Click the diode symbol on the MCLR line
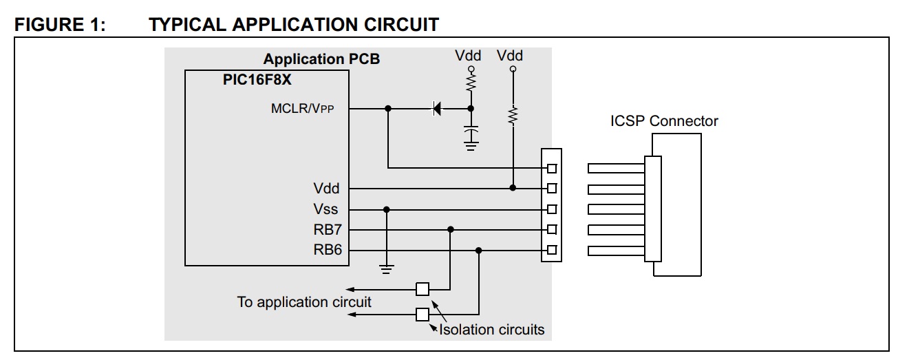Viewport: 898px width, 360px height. click(436, 109)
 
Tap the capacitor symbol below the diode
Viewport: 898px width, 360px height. click(471, 130)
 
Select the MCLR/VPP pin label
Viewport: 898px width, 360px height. click(302, 109)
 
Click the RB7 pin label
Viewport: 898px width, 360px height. click(328, 230)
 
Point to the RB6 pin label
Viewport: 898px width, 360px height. click(328, 250)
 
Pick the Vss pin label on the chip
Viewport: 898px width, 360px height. click(325, 209)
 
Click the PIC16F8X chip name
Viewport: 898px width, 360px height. click(257, 80)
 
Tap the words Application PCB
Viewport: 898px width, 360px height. click(321, 59)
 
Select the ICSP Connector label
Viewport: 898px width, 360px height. click(664, 121)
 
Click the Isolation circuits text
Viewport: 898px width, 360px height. click(491, 330)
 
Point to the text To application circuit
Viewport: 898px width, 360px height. click(304, 302)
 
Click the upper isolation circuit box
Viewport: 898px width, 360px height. click(422, 289)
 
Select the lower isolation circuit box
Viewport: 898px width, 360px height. click(422, 315)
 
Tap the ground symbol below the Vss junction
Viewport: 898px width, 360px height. click(386, 269)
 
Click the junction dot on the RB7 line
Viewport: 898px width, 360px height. click(451, 230)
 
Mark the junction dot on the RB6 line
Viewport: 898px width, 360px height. click(479, 251)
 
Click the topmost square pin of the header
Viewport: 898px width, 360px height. click(552, 169)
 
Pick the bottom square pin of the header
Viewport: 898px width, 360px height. click(552, 250)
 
